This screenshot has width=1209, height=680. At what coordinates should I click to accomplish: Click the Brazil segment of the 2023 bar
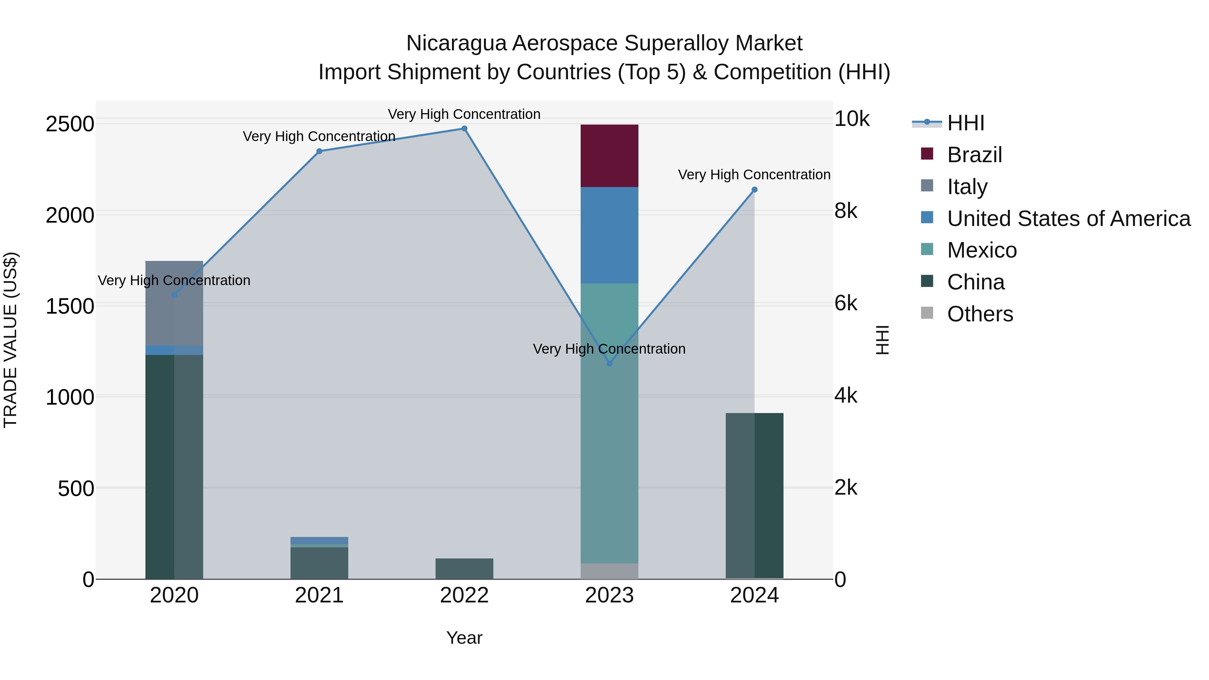click(x=609, y=156)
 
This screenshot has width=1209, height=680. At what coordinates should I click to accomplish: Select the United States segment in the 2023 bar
click(x=609, y=235)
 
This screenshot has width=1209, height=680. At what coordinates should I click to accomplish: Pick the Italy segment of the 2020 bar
click(x=174, y=303)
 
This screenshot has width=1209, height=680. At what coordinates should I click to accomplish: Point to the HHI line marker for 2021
click(x=319, y=151)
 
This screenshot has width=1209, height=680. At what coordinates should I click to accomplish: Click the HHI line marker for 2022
click(x=464, y=129)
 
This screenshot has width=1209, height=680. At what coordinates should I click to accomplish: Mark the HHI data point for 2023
click(x=609, y=363)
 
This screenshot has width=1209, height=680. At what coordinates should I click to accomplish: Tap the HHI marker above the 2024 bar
click(x=754, y=190)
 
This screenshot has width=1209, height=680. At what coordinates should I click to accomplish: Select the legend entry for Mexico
click(x=981, y=250)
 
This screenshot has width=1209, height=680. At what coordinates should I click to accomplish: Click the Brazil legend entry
click(x=974, y=155)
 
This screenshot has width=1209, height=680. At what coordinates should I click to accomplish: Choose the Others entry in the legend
click(x=980, y=314)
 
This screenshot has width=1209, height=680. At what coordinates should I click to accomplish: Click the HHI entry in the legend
click(x=966, y=123)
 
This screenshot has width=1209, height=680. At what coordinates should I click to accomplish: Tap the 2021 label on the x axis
click(x=319, y=595)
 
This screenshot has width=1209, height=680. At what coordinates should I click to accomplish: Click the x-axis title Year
click(x=464, y=638)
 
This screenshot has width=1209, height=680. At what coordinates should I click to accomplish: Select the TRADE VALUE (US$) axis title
click(x=10, y=340)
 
